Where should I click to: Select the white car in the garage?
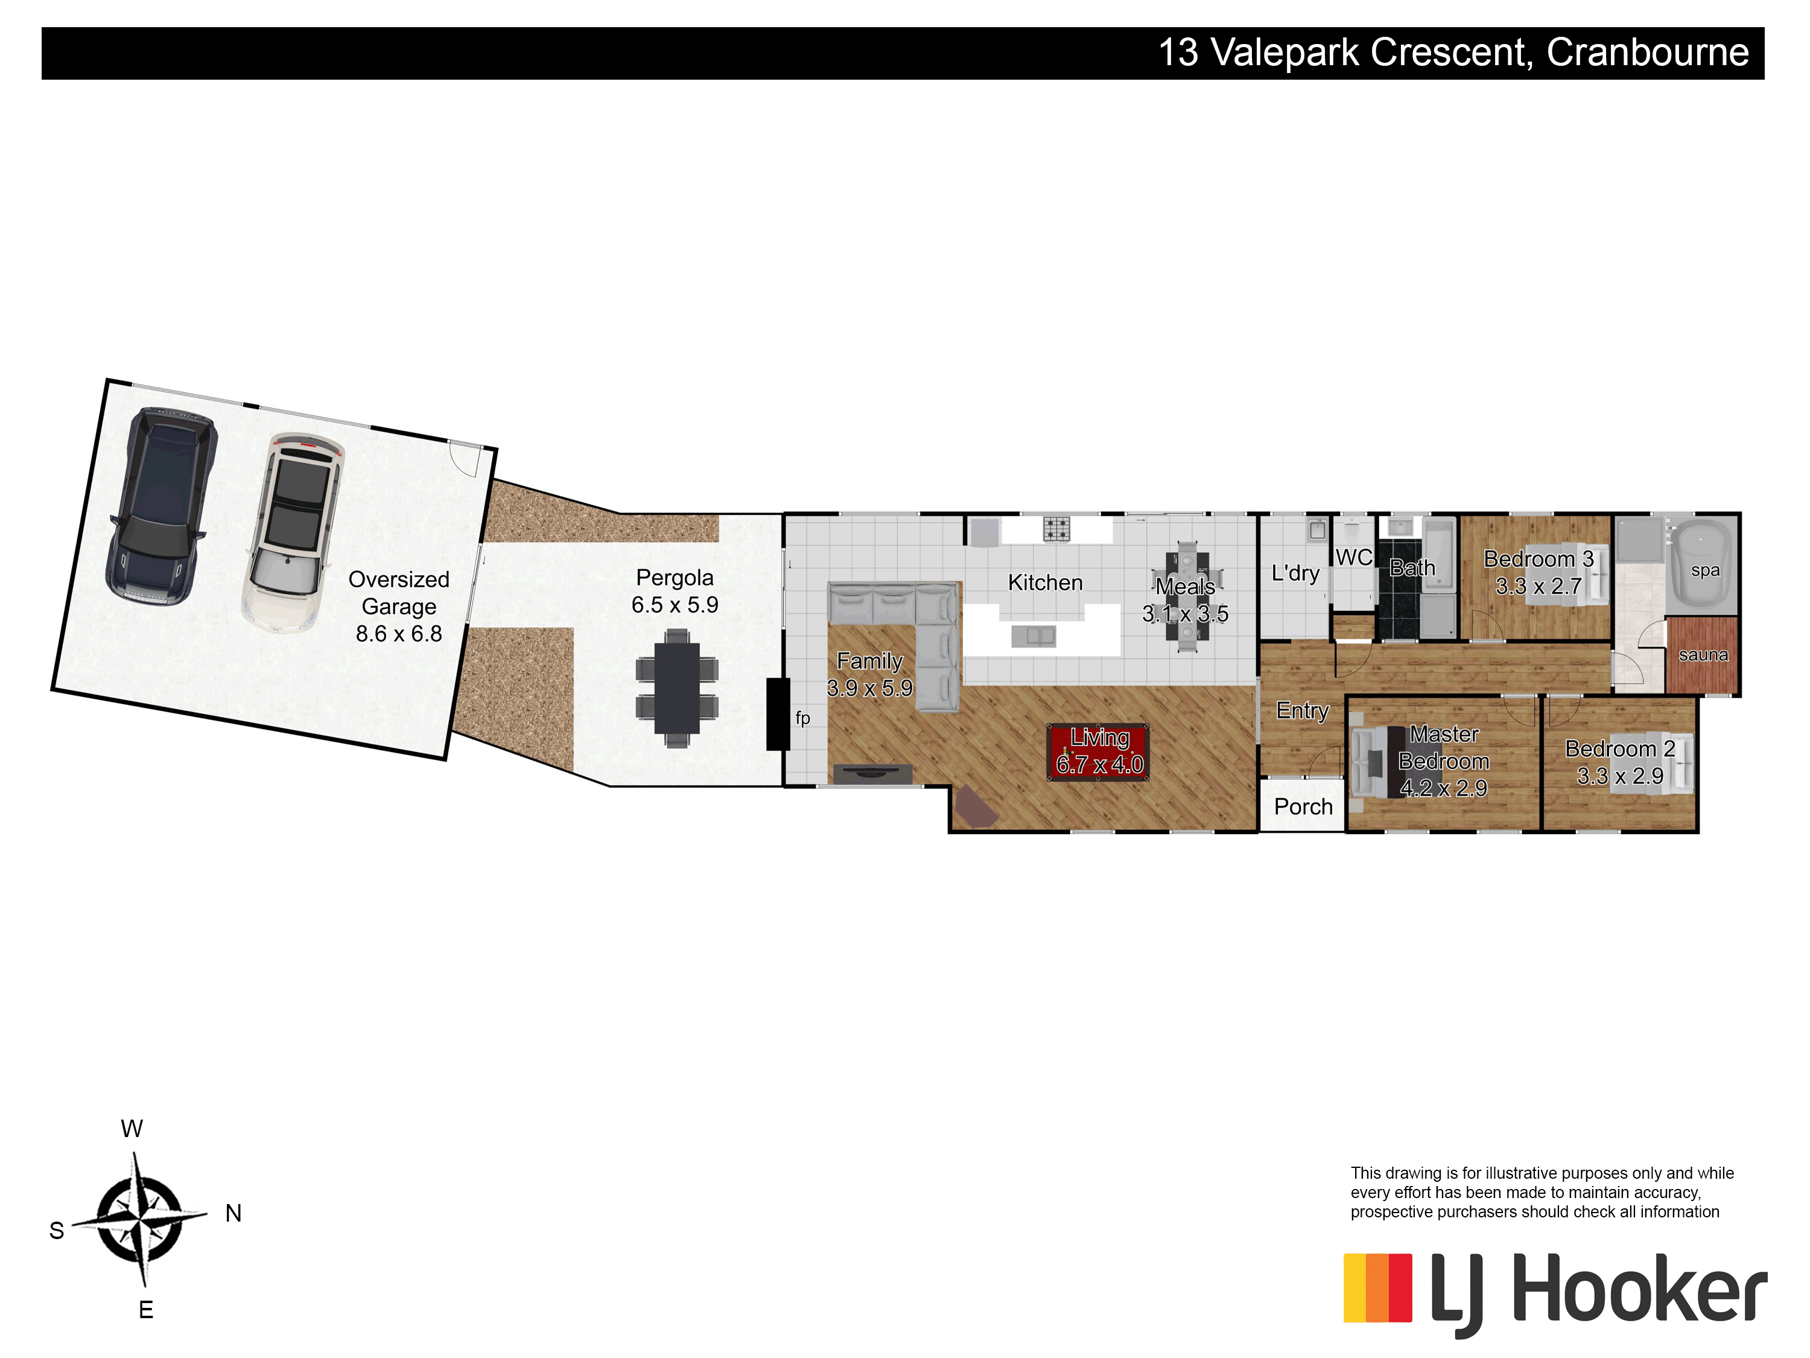pos(293,533)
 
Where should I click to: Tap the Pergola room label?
pos(675,578)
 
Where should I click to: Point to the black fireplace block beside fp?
pos(777,714)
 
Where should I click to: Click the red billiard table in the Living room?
pos(1098,751)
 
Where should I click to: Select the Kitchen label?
pos(1045,583)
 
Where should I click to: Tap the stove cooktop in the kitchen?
pos(1056,529)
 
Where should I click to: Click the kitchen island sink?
pos(1034,636)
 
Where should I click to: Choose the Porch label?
pos(1303,807)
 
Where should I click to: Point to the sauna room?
pos(1702,655)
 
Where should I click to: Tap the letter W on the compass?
pos(132,1129)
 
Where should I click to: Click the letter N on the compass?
pos(233,1213)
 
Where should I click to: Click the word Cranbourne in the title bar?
pos(1647,53)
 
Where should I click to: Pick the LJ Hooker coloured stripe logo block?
pos(1377,1287)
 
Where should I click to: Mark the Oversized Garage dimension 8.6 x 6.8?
pos(398,634)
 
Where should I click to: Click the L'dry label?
pos(1295,573)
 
